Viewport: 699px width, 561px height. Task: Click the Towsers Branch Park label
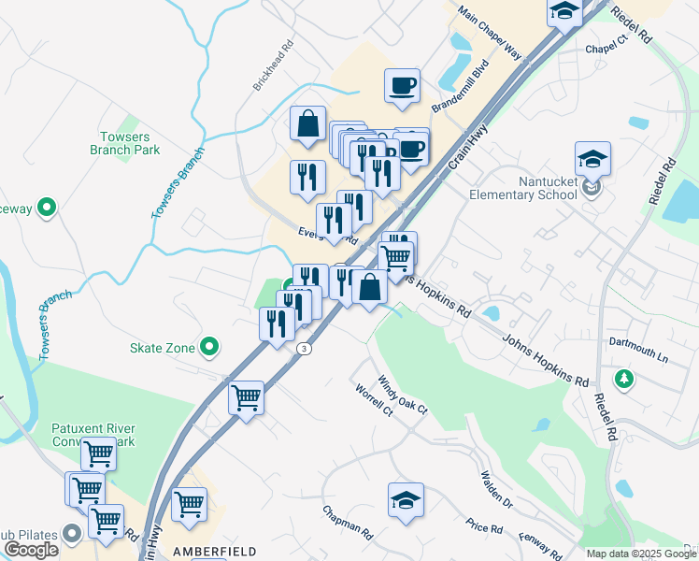pyautogui.click(x=126, y=143)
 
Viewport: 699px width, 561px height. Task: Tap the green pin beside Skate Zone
pyautogui.click(x=210, y=348)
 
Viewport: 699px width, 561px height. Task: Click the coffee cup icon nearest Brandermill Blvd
pyautogui.click(x=402, y=86)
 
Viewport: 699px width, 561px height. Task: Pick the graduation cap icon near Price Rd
pyautogui.click(x=406, y=500)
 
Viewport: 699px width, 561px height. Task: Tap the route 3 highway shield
pyautogui.click(x=304, y=348)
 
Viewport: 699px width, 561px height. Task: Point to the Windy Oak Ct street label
pyautogui.click(x=402, y=396)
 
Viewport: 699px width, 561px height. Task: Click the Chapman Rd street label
pyautogui.click(x=348, y=524)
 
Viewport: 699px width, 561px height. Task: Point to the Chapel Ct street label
pyautogui.click(x=606, y=45)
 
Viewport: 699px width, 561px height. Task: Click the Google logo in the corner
pyautogui.click(x=31, y=549)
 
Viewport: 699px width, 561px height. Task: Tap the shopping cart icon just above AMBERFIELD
pyautogui.click(x=189, y=504)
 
